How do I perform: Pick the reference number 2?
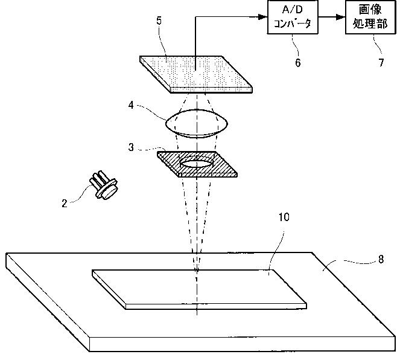[x=65, y=204]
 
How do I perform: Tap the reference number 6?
[x=297, y=62]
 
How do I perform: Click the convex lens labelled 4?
[x=196, y=124]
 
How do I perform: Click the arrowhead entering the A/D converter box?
[x=264, y=18]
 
